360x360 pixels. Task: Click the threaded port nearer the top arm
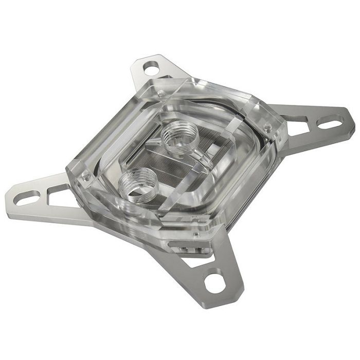[176, 136]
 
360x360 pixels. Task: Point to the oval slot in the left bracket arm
[27, 196]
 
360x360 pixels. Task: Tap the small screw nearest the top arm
[161, 93]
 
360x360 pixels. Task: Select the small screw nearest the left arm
[86, 175]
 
